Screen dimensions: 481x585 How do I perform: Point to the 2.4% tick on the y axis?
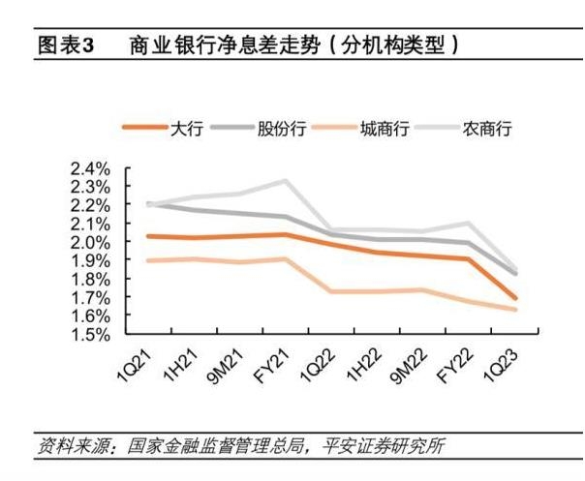tap(90, 168)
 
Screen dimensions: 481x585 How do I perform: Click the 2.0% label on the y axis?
tap(90, 242)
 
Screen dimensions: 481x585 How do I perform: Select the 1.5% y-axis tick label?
tap(90, 335)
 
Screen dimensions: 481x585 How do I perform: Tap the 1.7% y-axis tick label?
tap(90, 298)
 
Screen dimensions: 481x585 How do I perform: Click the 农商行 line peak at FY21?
tap(285, 180)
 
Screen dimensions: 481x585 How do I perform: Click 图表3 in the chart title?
tap(64, 45)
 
